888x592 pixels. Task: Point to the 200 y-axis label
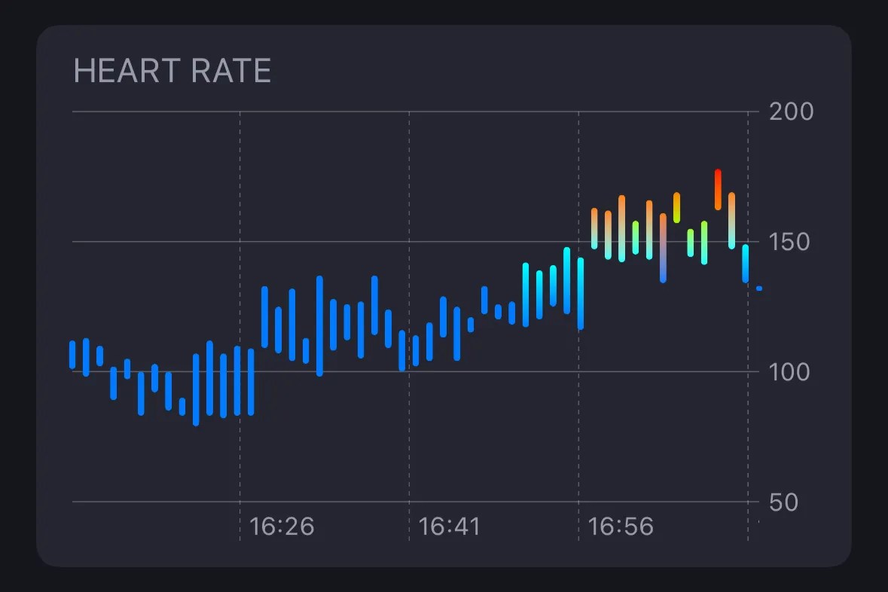pos(791,112)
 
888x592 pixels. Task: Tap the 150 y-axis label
pos(791,243)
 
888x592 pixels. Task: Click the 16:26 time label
pos(282,526)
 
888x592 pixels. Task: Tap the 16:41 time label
pos(451,526)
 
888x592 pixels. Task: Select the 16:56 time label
pos(621,526)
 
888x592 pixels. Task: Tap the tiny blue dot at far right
pos(759,288)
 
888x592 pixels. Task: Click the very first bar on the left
pos(72,355)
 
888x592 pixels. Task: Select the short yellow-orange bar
pos(676,208)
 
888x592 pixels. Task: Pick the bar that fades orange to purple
pos(663,249)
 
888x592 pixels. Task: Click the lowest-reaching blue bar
pos(196,389)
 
